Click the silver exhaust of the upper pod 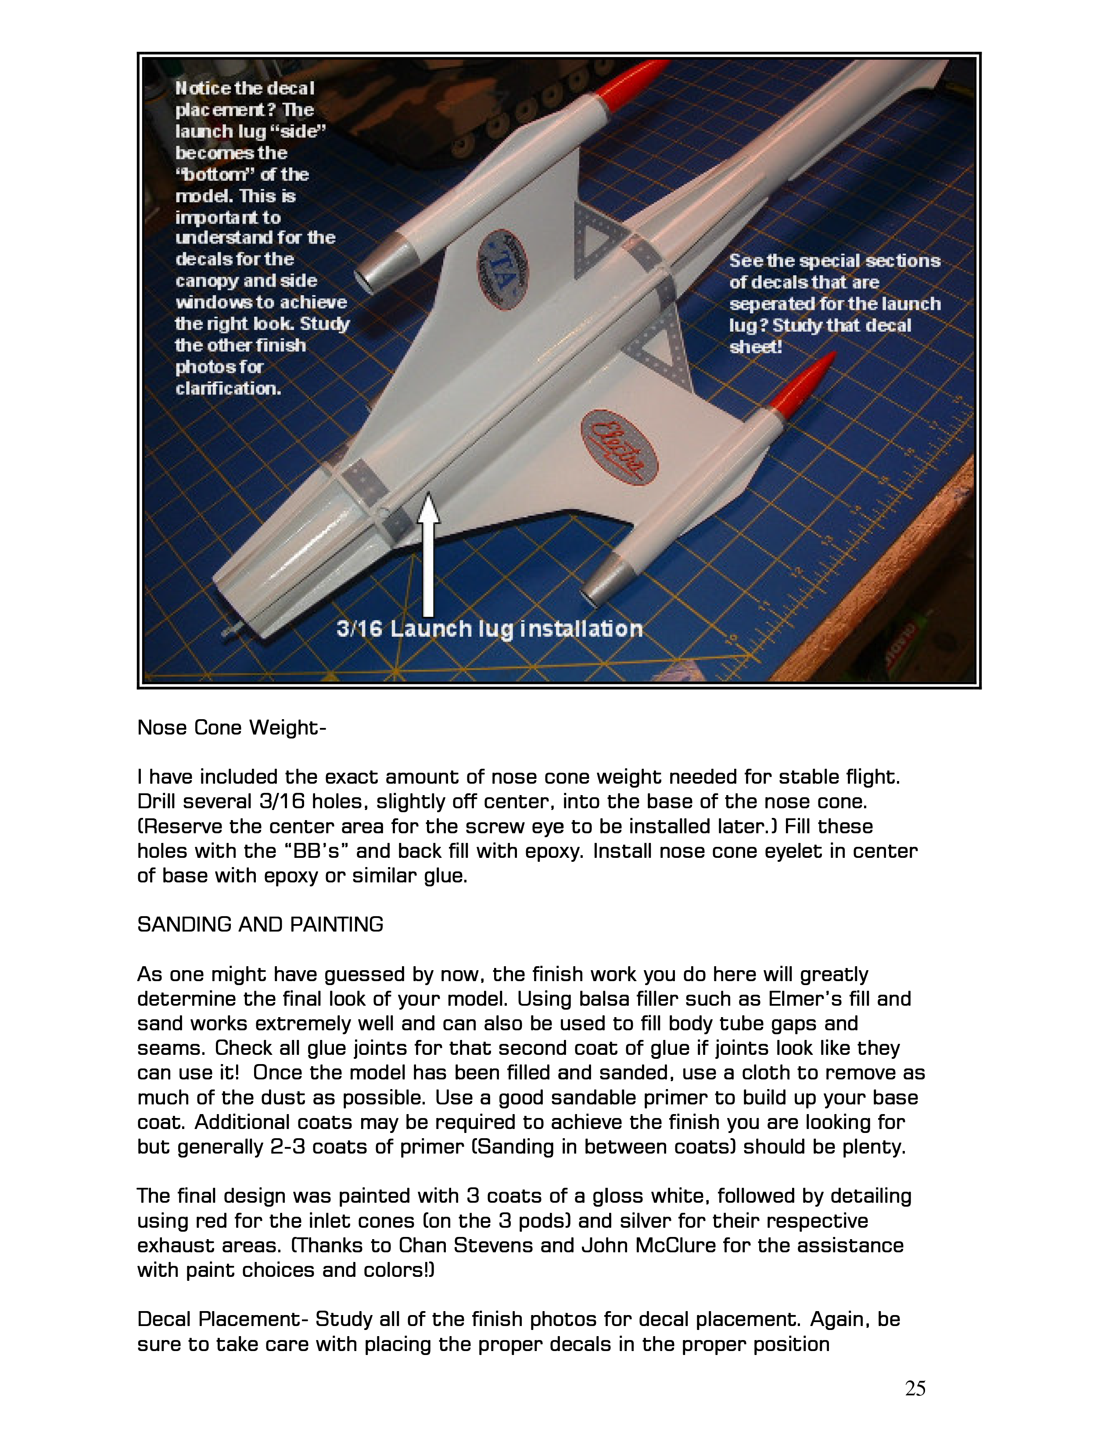coord(378,264)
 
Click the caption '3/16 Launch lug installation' coord(489,628)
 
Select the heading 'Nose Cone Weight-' coord(231,728)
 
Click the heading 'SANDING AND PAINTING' coord(260,924)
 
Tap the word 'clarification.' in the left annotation coord(228,388)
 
